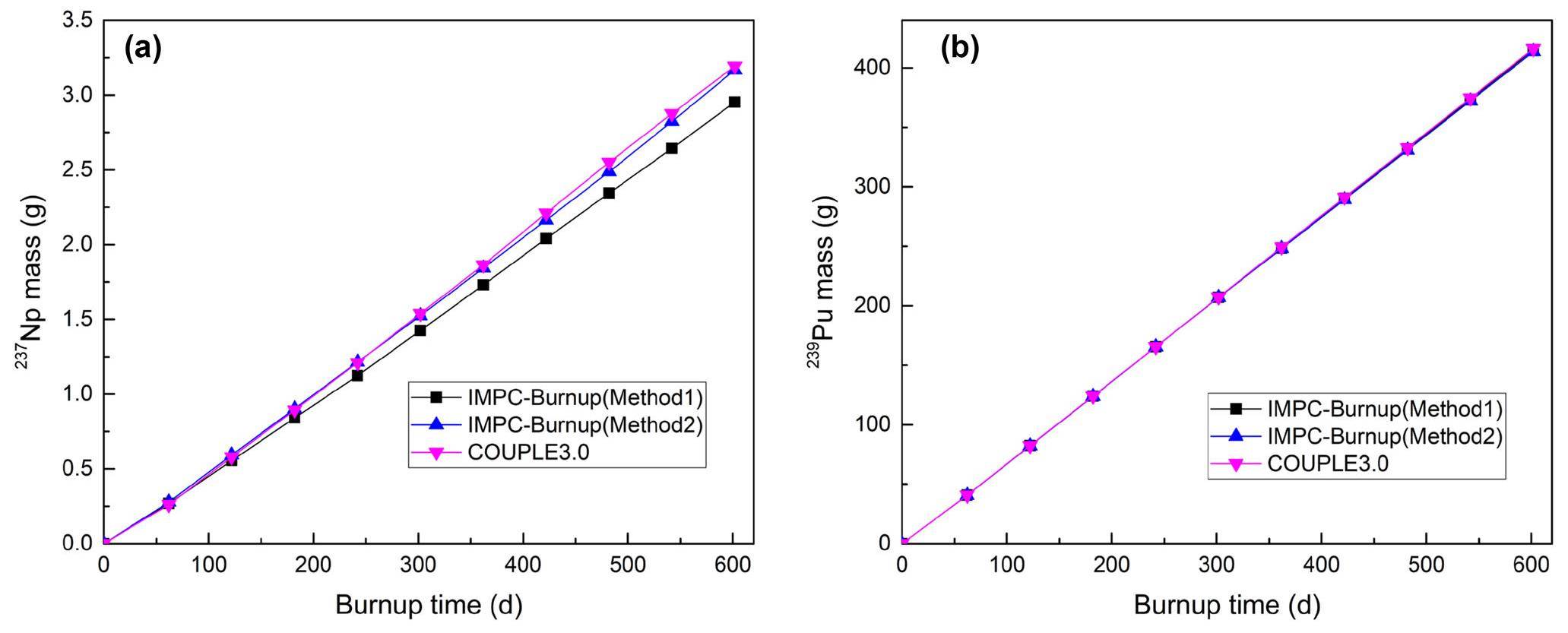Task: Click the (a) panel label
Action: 142,49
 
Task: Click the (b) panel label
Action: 959,49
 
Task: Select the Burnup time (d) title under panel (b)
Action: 1227,606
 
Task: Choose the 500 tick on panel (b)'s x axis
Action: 1426,565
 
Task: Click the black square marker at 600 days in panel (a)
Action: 734,102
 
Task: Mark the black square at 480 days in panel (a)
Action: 609,193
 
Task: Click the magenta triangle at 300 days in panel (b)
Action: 1218,298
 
